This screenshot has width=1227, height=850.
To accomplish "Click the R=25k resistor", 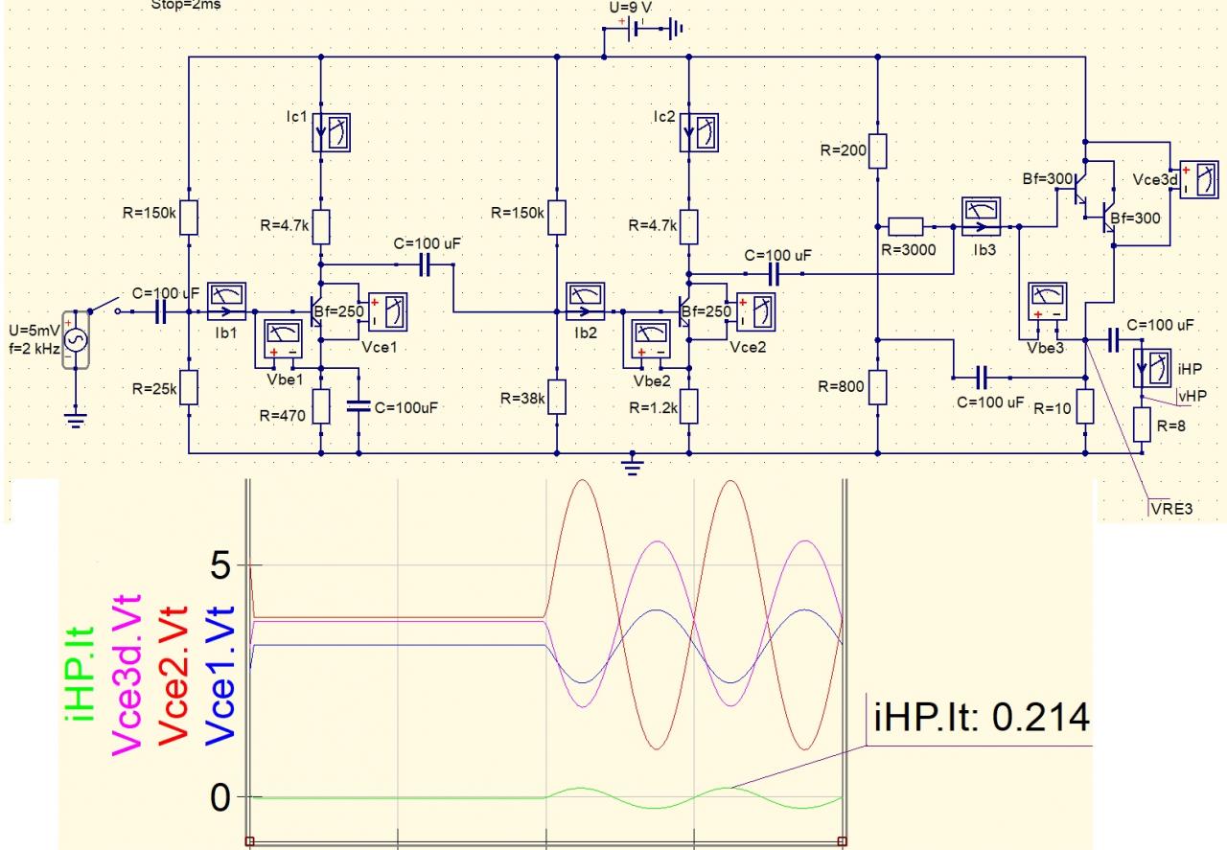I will pos(190,388).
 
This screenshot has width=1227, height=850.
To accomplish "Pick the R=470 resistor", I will pos(321,406).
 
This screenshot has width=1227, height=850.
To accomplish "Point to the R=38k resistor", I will pos(557,397).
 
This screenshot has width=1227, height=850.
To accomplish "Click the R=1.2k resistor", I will pos(688,406).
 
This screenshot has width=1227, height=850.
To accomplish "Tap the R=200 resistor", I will pos(878,150).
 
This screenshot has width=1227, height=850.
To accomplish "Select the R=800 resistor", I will pos(878,387).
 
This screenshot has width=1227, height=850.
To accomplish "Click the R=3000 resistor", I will pos(905,227).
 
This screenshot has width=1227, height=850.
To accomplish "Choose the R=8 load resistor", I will pos(1142,425).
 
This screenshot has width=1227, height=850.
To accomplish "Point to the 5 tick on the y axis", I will pos(220,565).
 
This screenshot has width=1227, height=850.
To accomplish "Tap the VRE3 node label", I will pos(1170,508).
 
